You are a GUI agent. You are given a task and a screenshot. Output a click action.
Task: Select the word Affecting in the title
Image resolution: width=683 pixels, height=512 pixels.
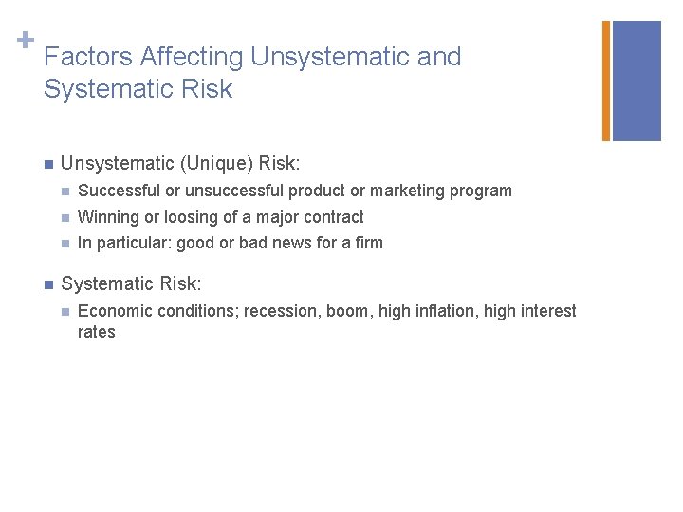pyautogui.click(x=191, y=57)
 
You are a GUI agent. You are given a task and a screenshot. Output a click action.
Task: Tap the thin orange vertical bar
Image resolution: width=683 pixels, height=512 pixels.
pyautogui.click(x=606, y=81)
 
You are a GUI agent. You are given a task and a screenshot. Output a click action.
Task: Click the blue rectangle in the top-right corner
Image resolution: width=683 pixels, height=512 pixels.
pyautogui.click(x=637, y=81)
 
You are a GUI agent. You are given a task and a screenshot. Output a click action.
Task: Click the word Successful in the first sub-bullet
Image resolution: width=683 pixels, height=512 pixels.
pyautogui.click(x=115, y=191)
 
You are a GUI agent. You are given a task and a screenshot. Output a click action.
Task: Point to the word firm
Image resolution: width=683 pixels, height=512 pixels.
pyautogui.click(x=367, y=243)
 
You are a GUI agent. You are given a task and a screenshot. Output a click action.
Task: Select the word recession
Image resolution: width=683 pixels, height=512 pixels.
pyautogui.click(x=280, y=311)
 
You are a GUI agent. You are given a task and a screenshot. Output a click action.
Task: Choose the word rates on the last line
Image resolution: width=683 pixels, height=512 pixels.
pyautogui.click(x=96, y=332)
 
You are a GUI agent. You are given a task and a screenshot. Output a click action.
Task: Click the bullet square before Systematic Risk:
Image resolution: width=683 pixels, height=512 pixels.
pyautogui.click(x=47, y=283)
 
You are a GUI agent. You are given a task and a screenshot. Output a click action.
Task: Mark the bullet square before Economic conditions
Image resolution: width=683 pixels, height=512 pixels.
pyautogui.click(x=64, y=311)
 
